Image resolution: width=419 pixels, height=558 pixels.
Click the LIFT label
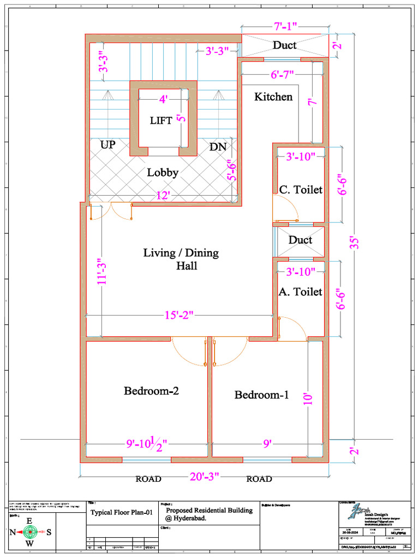coord(161,120)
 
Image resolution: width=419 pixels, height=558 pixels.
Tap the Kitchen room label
coord(273,97)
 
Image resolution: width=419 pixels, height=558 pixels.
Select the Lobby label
coord(163,173)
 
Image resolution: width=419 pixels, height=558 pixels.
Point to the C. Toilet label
coord(301,190)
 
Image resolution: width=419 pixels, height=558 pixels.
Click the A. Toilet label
coord(301,292)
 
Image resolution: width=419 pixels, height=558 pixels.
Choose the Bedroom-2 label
coord(151,391)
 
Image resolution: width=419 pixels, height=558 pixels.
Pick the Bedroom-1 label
coord(261,395)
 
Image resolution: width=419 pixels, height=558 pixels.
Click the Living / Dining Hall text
coord(181,259)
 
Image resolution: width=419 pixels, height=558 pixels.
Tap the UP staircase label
coord(108,145)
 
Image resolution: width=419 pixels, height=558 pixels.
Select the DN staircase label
coord(218,147)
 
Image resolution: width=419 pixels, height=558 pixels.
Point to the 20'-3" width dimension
coord(204,476)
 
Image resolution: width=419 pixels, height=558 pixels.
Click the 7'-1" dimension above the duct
coord(285,26)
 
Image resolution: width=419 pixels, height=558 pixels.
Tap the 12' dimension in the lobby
coord(161,196)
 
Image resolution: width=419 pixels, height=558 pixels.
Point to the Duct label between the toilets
coord(300,240)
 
